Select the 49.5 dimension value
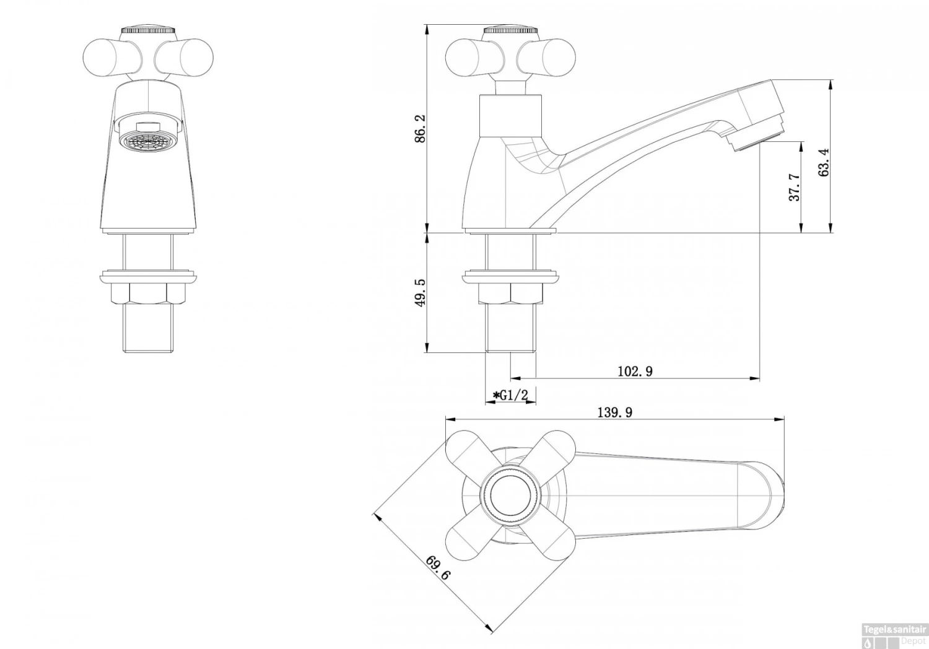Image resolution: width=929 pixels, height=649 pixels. pos(421,292)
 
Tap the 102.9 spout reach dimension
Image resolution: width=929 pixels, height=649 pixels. pos(635,372)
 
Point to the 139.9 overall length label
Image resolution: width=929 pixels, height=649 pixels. pos(614,412)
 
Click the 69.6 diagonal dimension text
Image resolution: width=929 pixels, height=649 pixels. pos(438,567)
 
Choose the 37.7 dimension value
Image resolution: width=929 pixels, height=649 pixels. pos(795,187)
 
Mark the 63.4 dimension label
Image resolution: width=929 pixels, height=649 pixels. pos(824,162)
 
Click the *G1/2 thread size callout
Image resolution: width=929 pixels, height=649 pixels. pos(510,395)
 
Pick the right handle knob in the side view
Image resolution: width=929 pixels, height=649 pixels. pos(547,57)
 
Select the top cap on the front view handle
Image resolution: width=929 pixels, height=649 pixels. pos(147,30)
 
